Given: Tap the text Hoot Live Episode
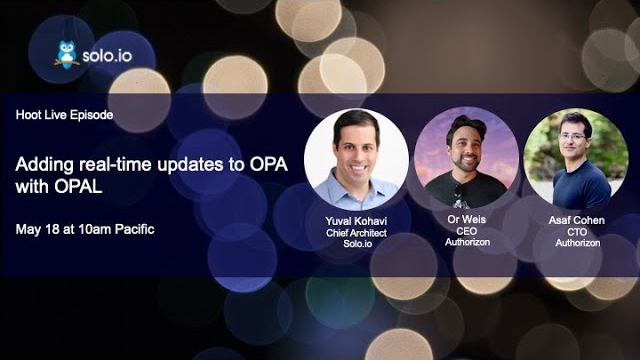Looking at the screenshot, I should (65, 116).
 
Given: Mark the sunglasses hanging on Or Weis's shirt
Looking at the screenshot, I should (458, 192).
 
